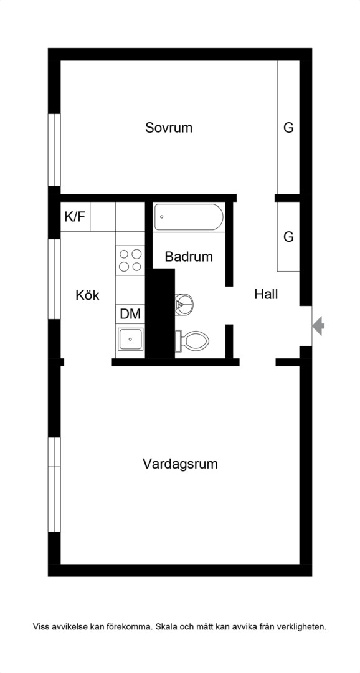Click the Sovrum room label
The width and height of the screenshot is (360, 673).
(x=169, y=128)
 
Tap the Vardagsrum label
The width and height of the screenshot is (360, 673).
(x=180, y=464)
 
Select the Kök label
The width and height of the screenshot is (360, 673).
(x=88, y=295)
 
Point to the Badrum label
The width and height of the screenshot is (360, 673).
(x=189, y=257)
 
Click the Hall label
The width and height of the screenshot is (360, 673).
(x=266, y=294)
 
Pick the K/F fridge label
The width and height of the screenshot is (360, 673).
(x=75, y=217)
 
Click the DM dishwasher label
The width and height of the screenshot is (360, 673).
(x=130, y=313)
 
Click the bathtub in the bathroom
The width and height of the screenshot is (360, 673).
(x=189, y=217)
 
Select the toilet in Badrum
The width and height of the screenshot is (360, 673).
(x=192, y=341)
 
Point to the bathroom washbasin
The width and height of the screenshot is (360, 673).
(x=184, y=304)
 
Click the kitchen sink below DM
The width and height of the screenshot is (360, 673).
(x=130, y=339)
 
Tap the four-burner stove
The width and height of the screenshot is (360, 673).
(x=130, y=260)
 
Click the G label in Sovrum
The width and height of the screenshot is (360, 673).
(x=289, y=128)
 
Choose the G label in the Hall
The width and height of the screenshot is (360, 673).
(x=289, y=237)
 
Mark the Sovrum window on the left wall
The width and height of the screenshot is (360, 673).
(x=54, y=150)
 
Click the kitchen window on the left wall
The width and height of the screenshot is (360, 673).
(x=54, y=279)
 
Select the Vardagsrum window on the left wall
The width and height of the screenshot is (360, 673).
(x=54, y=485)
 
